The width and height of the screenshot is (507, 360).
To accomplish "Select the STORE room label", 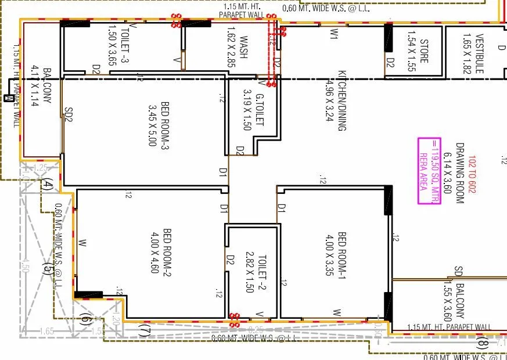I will point(424,51).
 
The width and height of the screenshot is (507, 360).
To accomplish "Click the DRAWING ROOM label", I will point(461,172).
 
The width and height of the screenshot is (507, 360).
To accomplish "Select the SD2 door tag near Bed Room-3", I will point(69,114).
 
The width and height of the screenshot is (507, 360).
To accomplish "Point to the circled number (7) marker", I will point(145,332).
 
